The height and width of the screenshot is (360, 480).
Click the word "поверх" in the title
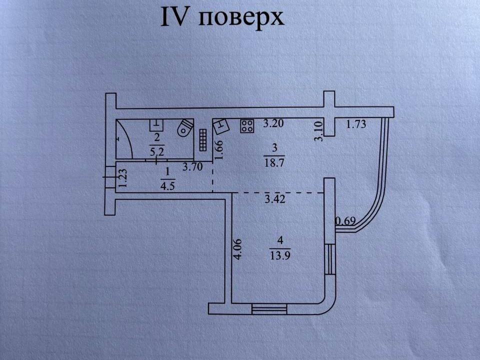click(x=242, y=18)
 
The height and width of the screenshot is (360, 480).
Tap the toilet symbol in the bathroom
click(x=185, y=127)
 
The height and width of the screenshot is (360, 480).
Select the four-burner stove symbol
click(x=247, y=126)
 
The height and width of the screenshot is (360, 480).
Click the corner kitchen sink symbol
click(x=220, y=127)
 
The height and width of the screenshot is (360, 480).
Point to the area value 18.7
click(x=272, y=162)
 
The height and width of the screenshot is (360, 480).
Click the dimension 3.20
click(x=274, y=122)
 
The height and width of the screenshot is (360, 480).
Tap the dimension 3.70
click(x=192, y=167)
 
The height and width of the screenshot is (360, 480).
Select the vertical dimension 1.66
click(x=218, y=150)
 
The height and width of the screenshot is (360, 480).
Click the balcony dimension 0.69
click(x=345, y=220)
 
